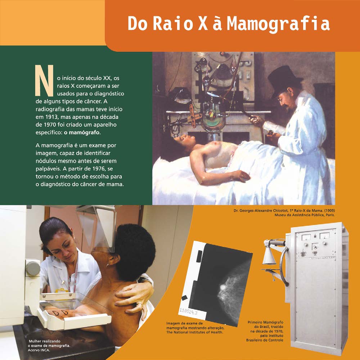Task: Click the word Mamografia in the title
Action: tap(278, 24)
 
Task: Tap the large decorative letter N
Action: tap(44, 81)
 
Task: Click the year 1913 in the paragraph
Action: tap(51, 117)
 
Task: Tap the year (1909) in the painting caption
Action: tap(329, 211)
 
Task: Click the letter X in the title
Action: tap(203, 24)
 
